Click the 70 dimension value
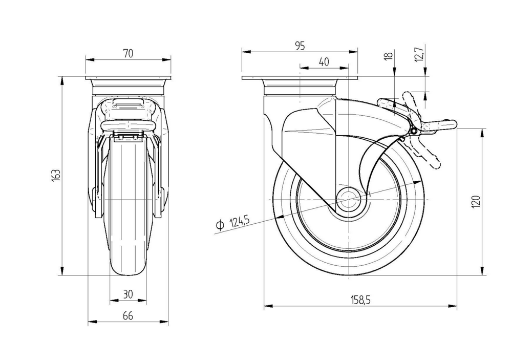tap(128, 53)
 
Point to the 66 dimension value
tap(128, 316)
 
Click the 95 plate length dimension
tap(300, 46)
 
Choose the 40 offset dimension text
tap(323, 62)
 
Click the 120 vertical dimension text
tap(476, 202)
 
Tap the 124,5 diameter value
tap(239, 221)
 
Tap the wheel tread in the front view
tap(128, 266)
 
